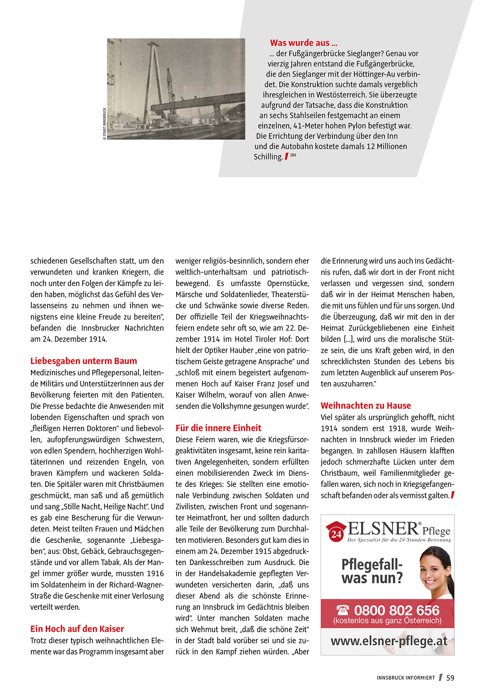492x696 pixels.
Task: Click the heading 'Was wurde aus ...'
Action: click(x=304, y=43)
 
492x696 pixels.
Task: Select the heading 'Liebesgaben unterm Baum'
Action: click(x=84, y=361)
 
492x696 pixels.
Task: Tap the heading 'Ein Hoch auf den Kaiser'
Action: click(x=77, y=629)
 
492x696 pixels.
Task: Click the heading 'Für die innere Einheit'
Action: click(x=219, y=428)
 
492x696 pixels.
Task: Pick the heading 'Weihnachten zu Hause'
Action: click(x=366, y=406)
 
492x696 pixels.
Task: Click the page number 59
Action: click(x=450, y=678)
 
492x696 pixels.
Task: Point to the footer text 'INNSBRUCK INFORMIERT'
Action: click(x=406, y=678)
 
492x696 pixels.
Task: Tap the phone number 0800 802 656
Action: click(x=397, y=610)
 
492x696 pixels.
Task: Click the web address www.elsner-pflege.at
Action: click(x=389, y=641)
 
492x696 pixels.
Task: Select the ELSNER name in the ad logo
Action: click(x=383, y=529)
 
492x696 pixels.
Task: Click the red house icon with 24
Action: click(x=336, y=532)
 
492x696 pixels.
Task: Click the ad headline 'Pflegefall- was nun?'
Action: click(x=372, y=571)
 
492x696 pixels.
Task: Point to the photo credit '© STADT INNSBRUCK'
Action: click(x=105, y=124)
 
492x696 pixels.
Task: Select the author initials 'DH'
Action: click(x=293, y=155)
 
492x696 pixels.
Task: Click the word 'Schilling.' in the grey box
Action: click(x=268, y=157)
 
